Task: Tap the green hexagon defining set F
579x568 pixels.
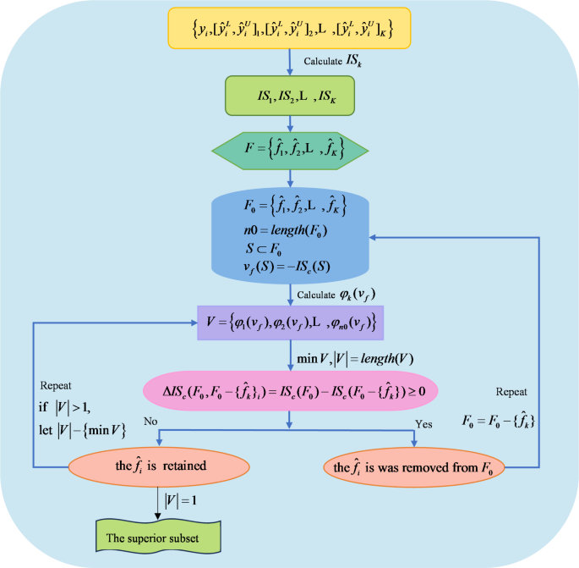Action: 290,153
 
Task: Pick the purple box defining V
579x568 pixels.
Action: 290,323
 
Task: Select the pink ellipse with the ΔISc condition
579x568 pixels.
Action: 290,390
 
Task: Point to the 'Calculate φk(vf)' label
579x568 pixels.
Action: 336,294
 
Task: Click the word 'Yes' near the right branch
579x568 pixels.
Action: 423,422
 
